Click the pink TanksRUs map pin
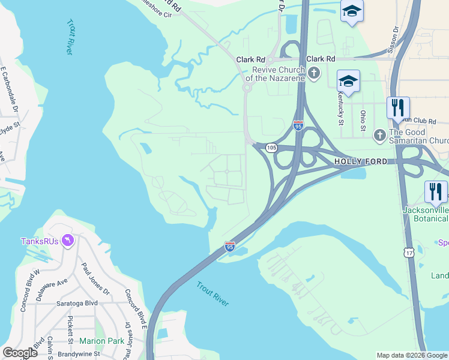pos(68,241)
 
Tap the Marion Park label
pos(101,341)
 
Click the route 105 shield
pos(271,148)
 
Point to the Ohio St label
pos(363,120)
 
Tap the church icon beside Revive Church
pos(314,73)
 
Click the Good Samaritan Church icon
pos(379,136)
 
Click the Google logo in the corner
pos(20,353)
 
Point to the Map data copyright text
pos(412,355)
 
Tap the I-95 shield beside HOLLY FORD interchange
pos(298,126)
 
